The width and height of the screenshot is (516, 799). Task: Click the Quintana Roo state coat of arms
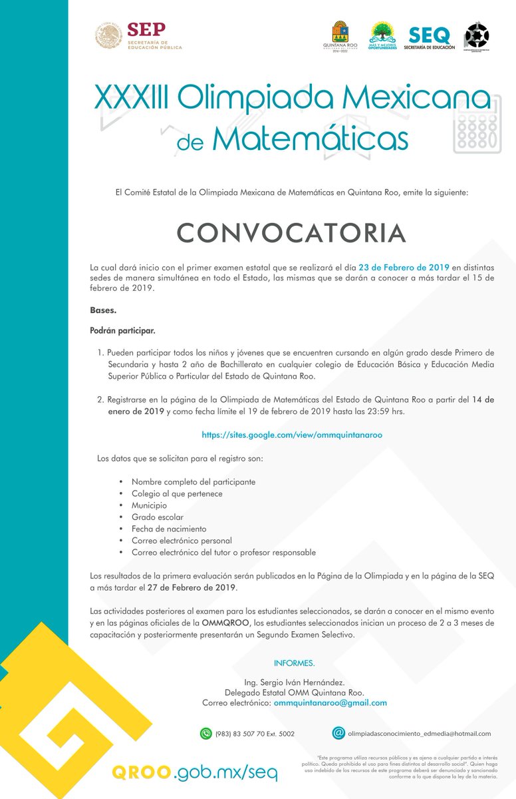340,37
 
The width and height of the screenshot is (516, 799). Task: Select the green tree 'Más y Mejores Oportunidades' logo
383,37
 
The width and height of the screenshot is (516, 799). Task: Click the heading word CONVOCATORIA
291,232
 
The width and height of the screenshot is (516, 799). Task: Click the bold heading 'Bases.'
102,310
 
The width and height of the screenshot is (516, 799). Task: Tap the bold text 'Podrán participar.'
122,330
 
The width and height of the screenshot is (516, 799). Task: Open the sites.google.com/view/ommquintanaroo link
292,434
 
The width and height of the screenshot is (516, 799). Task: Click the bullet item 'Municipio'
149,505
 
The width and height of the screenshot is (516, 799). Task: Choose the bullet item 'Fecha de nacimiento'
168,529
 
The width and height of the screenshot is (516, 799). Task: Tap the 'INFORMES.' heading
294,663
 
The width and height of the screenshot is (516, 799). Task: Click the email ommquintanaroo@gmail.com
330,702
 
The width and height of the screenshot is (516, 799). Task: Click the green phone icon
206,733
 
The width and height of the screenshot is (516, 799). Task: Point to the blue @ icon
338,732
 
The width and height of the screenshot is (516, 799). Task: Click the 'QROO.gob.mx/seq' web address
194,772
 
